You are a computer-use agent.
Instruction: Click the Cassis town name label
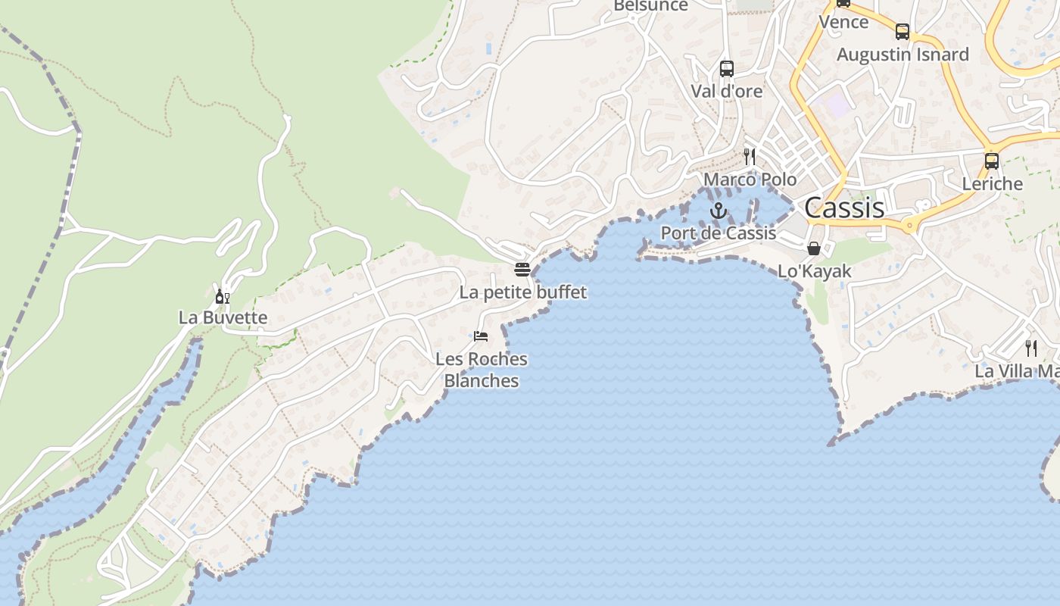pyautogui.click(x=844, y=208)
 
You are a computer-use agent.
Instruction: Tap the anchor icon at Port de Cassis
pyautogui.click(x=718, y=211)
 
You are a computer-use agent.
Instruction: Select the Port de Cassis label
pyautogui.click(x=719, y=233)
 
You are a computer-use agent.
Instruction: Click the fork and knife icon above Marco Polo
pyautogui.click(x=750, y=157)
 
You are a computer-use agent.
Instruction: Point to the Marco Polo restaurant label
pyautogui.click(x=750, y=180)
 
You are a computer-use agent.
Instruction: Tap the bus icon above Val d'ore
pyautogui.click(x=727, y=69)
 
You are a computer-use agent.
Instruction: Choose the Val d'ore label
pyautogui.click(x=727, y=91)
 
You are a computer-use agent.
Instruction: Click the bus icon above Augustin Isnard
pyautogui.click(x=903, y=32)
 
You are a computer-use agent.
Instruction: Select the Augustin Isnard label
pyautogui.click(x=903, y=55)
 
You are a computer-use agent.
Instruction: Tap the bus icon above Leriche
pyautogui.click(x=992, y=161)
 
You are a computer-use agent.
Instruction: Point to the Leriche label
pyautogui.click(x=992, y=183)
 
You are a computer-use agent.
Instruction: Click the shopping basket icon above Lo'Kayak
pyautogui.click(x=814, y=248)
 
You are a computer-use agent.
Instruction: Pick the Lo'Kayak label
pyautogui.click(x=815, y=271)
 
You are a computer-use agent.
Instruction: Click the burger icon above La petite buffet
pyautogui.click(x=522, y=269)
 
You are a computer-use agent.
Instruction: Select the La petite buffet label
pyautogui.click(x=523, y=292)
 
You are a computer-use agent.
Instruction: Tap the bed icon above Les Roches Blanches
pyautogui.click(x=481, y=336)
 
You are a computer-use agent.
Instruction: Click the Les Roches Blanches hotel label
pyautogui.click(x=482, y=370)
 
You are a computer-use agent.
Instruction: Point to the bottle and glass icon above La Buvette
pyautogui.click(x=223, y=296)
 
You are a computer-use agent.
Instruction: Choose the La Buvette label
pyautogui.click(x=223, y=317)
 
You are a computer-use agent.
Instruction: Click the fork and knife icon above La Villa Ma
pyautogui.click(x=1031, y=348)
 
